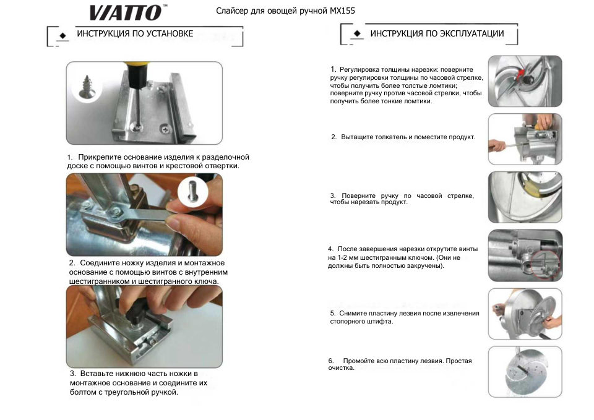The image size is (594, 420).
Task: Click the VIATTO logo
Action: click(x=127, y=12)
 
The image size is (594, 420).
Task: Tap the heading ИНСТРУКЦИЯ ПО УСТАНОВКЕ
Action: click(x=134, y=33)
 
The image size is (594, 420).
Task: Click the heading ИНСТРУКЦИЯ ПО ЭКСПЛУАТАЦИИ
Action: click(x=437, y=33)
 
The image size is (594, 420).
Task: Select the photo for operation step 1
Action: click(x=525, y=80)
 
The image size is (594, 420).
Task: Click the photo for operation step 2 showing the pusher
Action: click(x=525, y=139)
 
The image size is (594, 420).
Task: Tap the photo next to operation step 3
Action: click(x=525, y=197)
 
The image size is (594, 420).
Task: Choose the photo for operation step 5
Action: click(x=525, y=314)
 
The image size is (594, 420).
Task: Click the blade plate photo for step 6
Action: click(x=525, y=371)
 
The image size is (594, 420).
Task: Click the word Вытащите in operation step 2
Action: click(x=358, y=137)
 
